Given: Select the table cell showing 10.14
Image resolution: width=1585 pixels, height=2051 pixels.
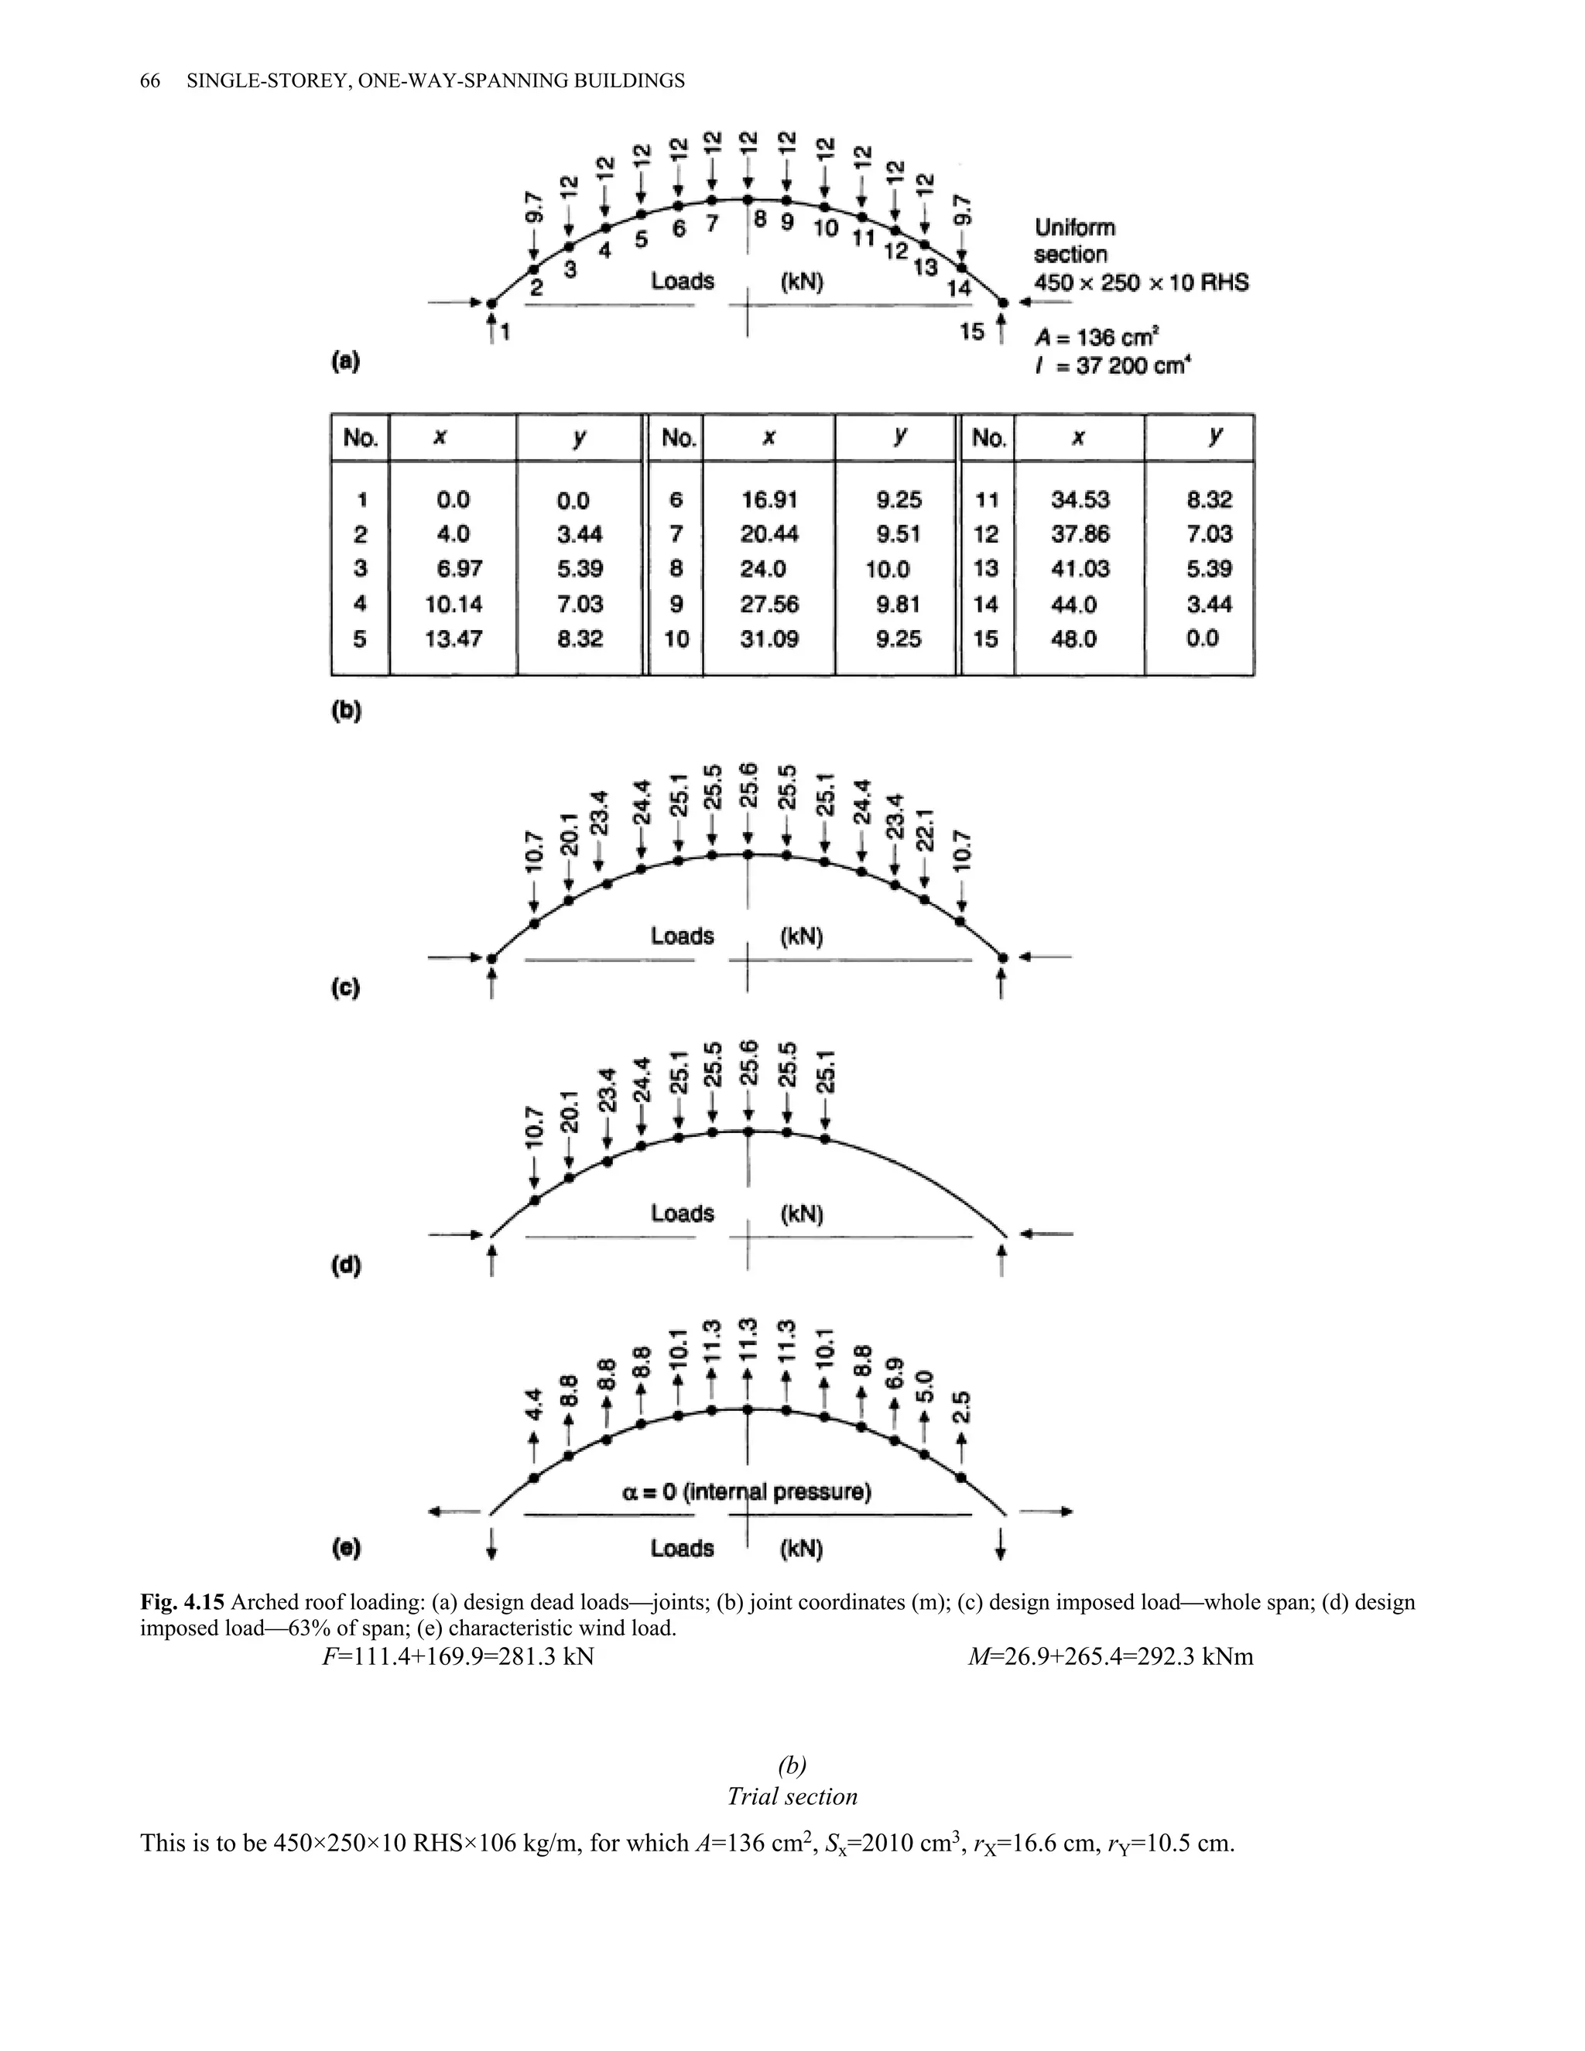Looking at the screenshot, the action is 454,604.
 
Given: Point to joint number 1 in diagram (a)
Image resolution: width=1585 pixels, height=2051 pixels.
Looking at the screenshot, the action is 506,333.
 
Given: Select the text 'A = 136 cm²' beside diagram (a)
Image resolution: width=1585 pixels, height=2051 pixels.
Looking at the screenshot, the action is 1089,337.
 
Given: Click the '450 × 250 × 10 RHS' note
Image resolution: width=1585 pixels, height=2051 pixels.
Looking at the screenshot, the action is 1141,282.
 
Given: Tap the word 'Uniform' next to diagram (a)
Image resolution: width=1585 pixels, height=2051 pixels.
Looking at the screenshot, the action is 1074,228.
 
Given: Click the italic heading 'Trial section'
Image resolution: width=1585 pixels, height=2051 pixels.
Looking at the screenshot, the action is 792,1796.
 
